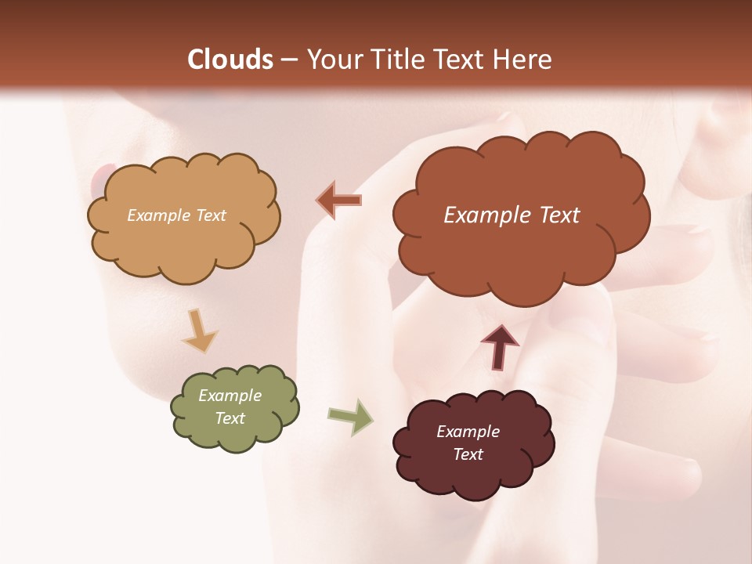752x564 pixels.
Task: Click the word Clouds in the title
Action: point(230,60)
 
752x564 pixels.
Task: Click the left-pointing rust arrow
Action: point(339,201)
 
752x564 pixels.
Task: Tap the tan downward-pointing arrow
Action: point(199,330)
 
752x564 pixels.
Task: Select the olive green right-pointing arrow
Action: point(351,417)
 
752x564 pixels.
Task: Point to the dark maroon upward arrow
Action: point(500,345)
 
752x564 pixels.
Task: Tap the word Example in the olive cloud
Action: point(230,396)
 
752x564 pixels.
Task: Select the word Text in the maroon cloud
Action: point(468,454)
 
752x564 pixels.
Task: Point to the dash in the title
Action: point(289,60)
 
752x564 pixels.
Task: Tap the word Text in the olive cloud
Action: point(230,418)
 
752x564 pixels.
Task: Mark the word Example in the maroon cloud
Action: point(468,432)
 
